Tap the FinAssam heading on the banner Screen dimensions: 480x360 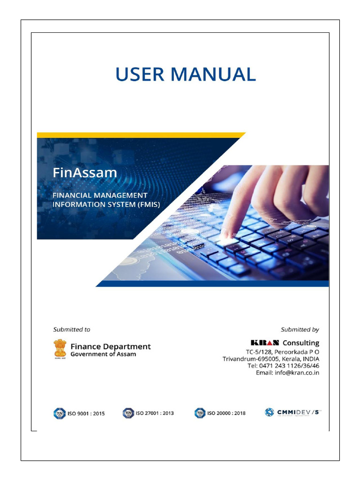[x=84, y=172]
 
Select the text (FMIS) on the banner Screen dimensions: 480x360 [x=148, y=204]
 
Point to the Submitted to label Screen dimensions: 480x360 [x=72, y=330]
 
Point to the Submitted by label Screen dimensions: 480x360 [x=300, y=330]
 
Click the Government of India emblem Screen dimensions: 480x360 [x=60, y=349]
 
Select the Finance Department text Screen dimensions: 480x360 [x=111, y=346]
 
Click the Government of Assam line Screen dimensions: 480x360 [x=103, y=354]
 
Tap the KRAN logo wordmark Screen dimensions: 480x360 [x=265, y=343]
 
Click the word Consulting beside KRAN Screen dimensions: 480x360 [x=300, y=343]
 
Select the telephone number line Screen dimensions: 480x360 [x=284, y=366]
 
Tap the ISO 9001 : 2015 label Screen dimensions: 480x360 [x=86, y=413]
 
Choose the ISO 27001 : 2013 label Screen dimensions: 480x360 [x=155, y=413]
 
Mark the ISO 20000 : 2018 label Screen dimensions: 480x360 [x=226, y=413]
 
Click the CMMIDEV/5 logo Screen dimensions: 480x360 [x=293, y=412]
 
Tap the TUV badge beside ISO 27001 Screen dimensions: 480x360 [x=128, y=413]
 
